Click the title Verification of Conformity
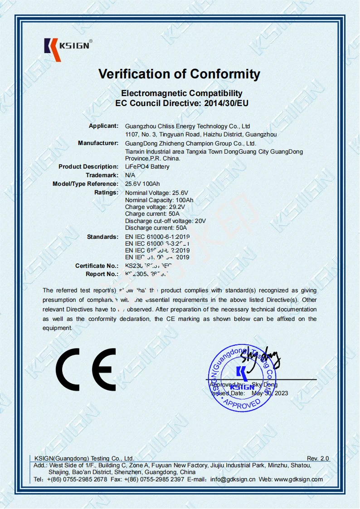pos(180,74)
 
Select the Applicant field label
pos(103,126)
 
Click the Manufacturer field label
pos(98,143)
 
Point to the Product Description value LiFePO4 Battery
pos(147,167)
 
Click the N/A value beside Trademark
pos(130,175)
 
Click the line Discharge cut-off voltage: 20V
pos(165,221)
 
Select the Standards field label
pos(102,237)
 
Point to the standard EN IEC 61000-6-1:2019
pos(157,237)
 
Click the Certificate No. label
pos(97,266)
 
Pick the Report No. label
pos(102,274)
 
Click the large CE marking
pos(86,370)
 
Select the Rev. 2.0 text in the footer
pos(318,459)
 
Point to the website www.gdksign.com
pos(298,479)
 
